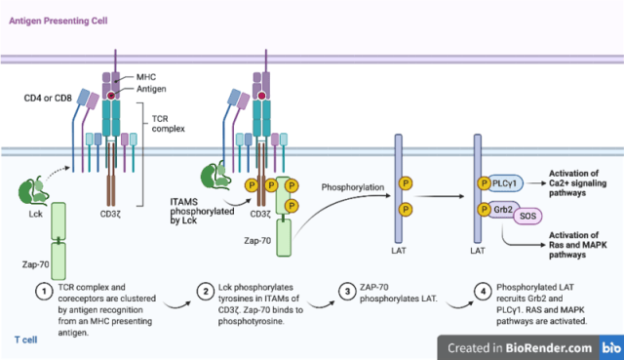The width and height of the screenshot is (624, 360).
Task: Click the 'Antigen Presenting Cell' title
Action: click(x=58, y=20)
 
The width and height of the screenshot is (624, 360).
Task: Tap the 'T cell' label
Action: click(x=26, y=340)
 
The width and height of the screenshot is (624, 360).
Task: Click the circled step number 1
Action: click(x=44, y=292)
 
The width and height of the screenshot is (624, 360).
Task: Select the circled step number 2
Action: click(x=206, y=292)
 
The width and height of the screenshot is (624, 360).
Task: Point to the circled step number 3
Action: click(x=347, y=292)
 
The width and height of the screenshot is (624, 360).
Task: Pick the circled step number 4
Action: click(x=483, y=292)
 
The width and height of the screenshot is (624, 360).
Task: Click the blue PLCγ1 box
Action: click(x=505, y=183)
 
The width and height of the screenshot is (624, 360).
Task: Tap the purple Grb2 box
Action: click(x=503, y=210)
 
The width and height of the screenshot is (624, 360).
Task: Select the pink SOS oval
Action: click(x=527, y=216)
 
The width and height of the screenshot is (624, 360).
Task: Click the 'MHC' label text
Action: click(x=146, y=77)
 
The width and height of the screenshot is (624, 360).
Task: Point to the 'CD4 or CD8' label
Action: click(x=48, y=98)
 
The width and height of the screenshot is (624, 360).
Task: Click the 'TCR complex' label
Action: click(x=169, y=124)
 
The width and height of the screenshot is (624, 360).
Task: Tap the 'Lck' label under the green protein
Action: click(x=35, y=214)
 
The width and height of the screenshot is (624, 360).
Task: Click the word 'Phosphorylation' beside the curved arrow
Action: click(x=353, y=187)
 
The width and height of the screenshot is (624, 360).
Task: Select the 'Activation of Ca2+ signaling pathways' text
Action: click(x=577, y=183)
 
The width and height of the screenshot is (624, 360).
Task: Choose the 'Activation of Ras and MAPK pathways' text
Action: click(x=578, y=245)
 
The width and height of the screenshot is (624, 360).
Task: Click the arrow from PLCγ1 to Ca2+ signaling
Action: click(x=535, y=183)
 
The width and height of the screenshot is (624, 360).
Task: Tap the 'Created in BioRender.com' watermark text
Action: click(x=520, y=348)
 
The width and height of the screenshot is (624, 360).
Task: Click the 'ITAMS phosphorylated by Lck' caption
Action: click(x=202, y=211)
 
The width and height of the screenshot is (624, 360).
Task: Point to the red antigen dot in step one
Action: click(x=111, y=96)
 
